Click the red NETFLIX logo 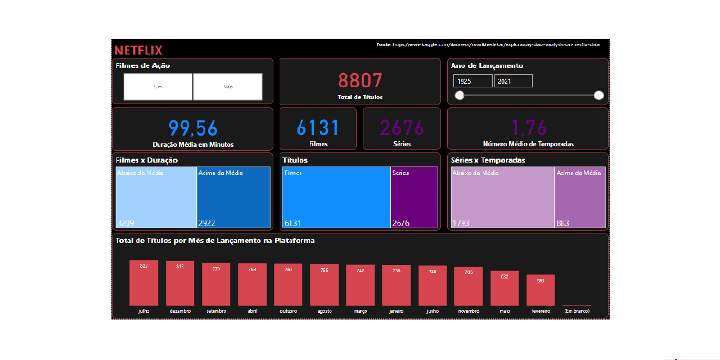point(138,50)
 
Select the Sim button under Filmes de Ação point(158,87)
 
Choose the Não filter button point(228,87)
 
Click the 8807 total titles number point(360,81)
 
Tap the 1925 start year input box point(472,82)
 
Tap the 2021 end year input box point(513,82)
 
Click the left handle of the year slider point(460,95)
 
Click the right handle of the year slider point(598,95)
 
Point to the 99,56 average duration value point(193,129)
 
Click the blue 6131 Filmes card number point(318,128)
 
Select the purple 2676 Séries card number point(402,128)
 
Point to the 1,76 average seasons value point(528,128)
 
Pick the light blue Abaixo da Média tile point(156,197)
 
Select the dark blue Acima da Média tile point(233,197)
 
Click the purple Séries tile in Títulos point(414,197)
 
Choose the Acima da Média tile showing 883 point(580,197)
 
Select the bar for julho point(144,283)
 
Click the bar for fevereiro point(541,290)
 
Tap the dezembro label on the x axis point(180,311)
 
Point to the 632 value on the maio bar point(505,276)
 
